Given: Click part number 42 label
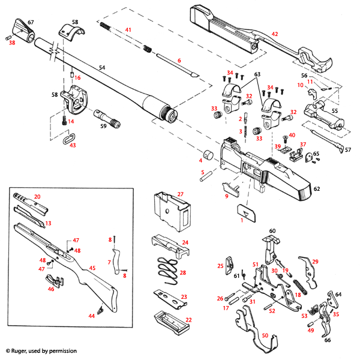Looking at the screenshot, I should pyautogui.click(x=275, y=34).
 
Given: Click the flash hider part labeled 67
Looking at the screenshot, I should pyautogui.click(x=21, y=28).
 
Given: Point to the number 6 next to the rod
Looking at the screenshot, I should pyautogui.click(x=179, y=61).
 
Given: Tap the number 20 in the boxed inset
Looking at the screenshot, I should pyautogui.click(x=37, y=197).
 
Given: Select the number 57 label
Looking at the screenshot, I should pyautogui.click(x=347, y=149).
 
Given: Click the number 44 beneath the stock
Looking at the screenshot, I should pyautogui.click(x=92, y=316).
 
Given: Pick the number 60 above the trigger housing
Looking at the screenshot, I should pyautogui.click(x=272, y=230).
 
